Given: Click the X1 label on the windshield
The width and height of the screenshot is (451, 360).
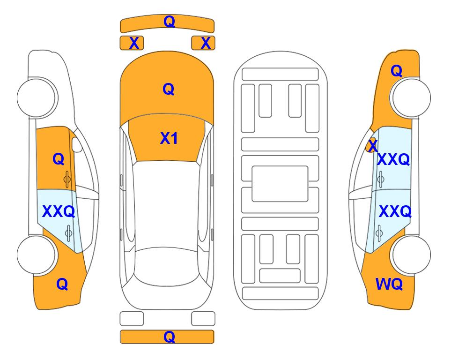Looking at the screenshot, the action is point(169,138).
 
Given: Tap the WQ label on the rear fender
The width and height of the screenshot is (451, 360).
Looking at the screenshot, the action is point(389,284).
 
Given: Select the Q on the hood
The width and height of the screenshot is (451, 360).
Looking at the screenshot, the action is point(169,89).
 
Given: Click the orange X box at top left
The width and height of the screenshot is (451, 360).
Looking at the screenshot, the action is point(132,43).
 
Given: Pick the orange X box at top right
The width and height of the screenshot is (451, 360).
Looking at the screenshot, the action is point(203,43).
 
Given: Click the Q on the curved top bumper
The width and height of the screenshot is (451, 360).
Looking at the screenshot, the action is point(170,21).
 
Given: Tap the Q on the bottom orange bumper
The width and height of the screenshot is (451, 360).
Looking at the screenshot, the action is point(170,337).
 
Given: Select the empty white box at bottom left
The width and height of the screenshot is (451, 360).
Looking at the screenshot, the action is point(132,319).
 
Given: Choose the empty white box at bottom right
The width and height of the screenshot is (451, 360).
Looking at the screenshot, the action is point(203,319).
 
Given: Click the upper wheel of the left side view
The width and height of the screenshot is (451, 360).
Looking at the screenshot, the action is point(37,97).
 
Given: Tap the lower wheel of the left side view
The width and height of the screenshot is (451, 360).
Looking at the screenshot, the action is point(36,255).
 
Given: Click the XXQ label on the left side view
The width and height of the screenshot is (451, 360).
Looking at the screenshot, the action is point(59,211).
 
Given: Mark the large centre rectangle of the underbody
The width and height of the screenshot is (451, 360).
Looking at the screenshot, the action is point(280,184).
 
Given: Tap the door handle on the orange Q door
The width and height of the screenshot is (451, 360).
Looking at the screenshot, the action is point(67,180).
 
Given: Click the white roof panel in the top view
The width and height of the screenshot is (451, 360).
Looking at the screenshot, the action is point(166,205).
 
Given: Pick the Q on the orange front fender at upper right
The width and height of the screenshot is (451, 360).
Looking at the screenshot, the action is point(396,71).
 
